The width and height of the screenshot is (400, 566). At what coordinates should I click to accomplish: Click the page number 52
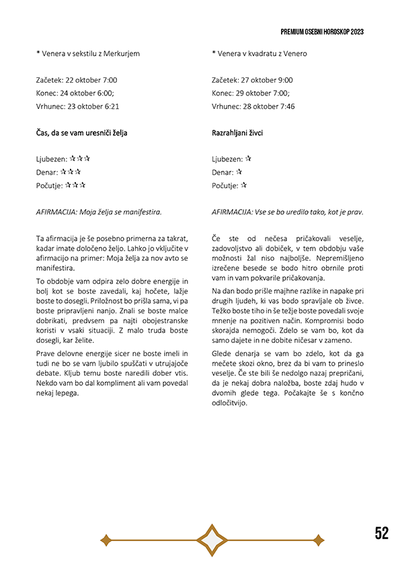(x=381, y=533)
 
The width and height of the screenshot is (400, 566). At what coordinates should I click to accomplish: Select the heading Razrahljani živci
(x=237, y=133)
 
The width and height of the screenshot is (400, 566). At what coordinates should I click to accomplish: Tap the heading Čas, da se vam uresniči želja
(x=81, y=133)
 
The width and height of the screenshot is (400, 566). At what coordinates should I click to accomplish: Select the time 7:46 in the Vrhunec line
(x=285, y=106)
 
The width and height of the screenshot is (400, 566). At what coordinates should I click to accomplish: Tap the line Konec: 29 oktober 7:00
(x=251, y=93)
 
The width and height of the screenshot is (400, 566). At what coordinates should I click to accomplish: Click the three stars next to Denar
(x=71, y=172)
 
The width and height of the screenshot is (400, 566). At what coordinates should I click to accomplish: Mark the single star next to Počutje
(x=243, y=186)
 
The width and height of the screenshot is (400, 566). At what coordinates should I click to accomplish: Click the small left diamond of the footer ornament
(x=105, y=539)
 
